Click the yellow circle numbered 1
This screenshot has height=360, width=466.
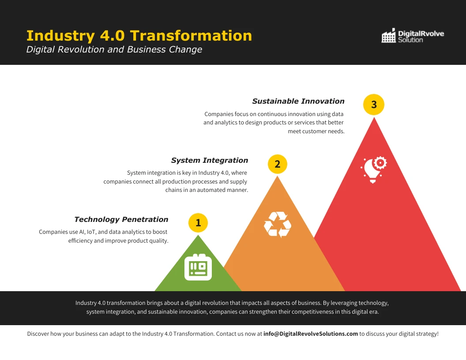198,223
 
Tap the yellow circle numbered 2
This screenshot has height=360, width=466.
278,164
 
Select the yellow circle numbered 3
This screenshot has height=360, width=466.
374,105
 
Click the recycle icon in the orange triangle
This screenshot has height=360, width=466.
278,225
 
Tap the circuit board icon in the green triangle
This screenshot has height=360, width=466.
198,267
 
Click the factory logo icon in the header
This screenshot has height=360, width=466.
388,36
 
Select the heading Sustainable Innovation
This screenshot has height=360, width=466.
298,101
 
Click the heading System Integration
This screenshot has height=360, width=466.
210,160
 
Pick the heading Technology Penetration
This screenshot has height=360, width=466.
121,219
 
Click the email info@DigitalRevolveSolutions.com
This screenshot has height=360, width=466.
311,334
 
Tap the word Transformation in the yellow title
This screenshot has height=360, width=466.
191,35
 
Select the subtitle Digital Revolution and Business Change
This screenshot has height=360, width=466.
114,49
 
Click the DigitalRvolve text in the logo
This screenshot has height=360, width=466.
421,33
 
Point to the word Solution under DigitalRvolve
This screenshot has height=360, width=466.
410,40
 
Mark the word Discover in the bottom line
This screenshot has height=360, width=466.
38,334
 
